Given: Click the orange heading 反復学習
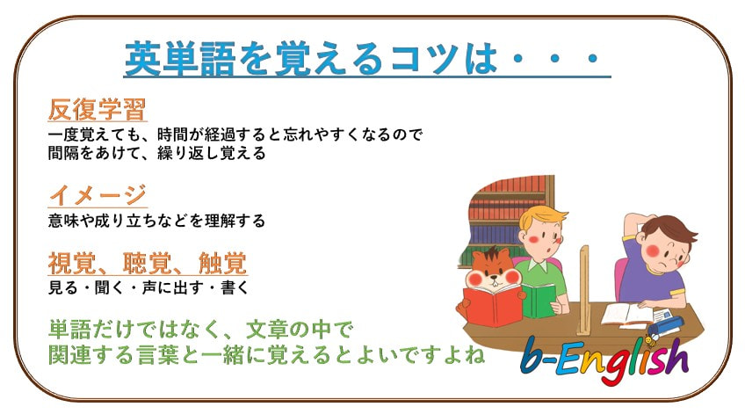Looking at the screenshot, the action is (x=98, y=109).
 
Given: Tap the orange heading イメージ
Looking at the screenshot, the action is (x=98, y=194).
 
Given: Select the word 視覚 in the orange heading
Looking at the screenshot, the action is (x=72, y=263).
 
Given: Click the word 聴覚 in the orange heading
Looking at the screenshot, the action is (x=147, y=263).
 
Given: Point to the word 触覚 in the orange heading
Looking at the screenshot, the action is (x=223, y=263).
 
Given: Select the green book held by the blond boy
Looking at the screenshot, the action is (x=539, y=301).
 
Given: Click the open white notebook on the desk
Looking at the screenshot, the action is (x=627, y=315).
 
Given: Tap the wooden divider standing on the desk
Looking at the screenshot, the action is (x=583, y=291).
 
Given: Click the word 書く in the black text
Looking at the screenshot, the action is (x=235, y=287).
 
